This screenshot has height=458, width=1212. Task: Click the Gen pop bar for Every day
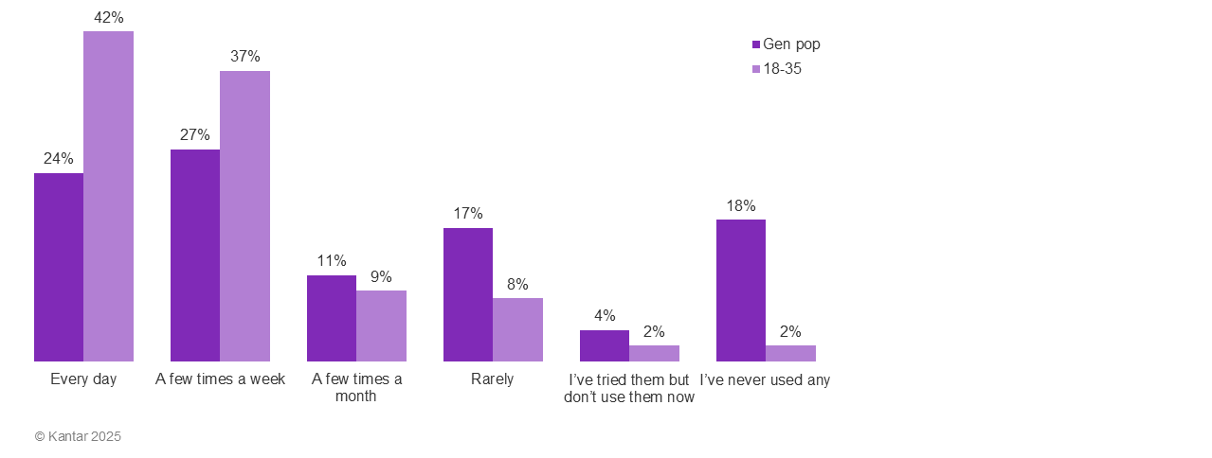[x=59, y=267]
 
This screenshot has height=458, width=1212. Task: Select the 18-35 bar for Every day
[x=108, y=196]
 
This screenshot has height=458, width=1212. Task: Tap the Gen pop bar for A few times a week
[x=195, y=255]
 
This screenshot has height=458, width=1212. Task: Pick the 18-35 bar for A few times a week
[x=244, y=216]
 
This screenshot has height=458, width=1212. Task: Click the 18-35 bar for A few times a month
[x=381, y=326]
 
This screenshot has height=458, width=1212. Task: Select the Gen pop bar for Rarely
[x=468, y=294]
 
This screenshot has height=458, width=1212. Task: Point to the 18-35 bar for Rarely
[x=517, y=329]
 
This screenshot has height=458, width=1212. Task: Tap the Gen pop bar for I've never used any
[x=741, y=291]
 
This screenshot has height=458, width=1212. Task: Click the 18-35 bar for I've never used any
[x=790, y=353]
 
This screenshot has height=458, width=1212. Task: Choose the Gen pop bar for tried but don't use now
[x=605, y=345]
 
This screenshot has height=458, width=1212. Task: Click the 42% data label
[x=108, y=17]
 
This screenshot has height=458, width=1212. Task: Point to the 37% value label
[x=244, y=57]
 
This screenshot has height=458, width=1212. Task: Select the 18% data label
[x=741, y=205]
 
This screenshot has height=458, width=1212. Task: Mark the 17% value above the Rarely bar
[x=468, y=214]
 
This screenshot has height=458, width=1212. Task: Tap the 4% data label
[x=605, y=316]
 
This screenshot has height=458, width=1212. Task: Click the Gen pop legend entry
[x=787, y=44]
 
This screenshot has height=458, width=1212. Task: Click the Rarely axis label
[x=493, y=379]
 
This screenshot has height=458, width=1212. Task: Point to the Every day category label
[x=83, y=379]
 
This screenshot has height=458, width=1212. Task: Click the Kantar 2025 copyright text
[x=78, y=437]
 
